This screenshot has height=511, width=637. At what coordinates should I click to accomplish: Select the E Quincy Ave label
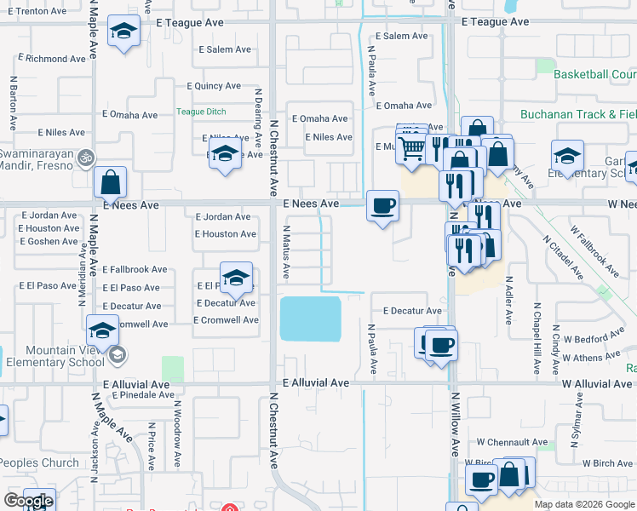click(214, 86)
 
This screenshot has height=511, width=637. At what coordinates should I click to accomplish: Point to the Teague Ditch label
click(201, 112)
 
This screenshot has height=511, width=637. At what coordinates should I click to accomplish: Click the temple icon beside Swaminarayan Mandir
click(84, 158)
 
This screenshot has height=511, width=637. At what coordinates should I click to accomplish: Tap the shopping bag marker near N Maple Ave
click(111, 182)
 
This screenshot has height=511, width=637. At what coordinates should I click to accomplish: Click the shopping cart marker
click(412, 147)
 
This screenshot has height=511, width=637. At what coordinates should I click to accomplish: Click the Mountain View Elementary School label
click(55, 356)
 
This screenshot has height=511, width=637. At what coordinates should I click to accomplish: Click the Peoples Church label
click(40, 463)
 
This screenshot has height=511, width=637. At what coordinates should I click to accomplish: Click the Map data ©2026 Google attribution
click(584, 504)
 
